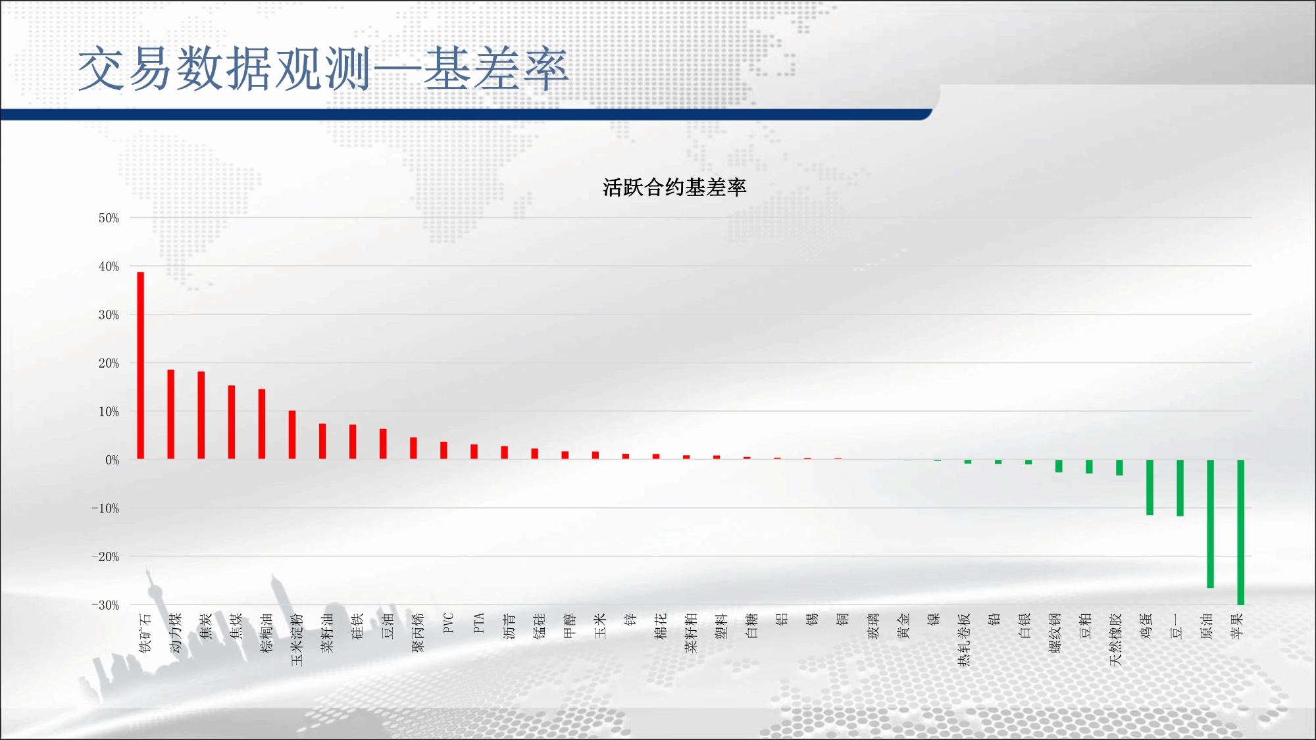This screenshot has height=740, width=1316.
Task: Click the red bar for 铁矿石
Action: pyautogui.click(x=140, y=365)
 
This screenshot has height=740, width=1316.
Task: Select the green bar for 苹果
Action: pyautogui.click(x=1240, y=532)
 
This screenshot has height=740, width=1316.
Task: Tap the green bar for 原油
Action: pyautogui.click(x=1210, y=524)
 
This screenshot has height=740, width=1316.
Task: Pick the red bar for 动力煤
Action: pyautogui.click(x=170, y=414)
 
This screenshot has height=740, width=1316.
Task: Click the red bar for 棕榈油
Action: pyautogui.click(x=262, y=424)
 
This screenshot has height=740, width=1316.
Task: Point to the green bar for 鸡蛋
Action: pyautogui.click(x=1150, y=487)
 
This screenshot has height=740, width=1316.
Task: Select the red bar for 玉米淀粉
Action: pyautogui.click(x=292, y=435)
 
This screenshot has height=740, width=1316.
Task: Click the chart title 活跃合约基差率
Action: pyautogui.click(x=674, y=187)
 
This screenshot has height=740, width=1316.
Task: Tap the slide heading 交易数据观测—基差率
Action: pyautogui.click(x=322, y=68)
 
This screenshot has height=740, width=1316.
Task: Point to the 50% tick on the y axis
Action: pyautogui.click(x=109, y=218)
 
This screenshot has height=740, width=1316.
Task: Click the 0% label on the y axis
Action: pyautogui.click(x=112, y=460)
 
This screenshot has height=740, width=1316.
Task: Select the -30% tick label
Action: pyautogui.click(x=105, y=605)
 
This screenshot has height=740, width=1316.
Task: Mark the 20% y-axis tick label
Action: pyautogui.click(x=109, y=363)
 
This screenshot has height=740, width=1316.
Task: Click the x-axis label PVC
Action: pyautogui.click(x=449, y=623)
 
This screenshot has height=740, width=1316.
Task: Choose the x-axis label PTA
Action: pyautogui.click(x=479, y=623)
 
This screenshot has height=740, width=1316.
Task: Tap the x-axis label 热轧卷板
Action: pyautogui.click(x=964, y=639)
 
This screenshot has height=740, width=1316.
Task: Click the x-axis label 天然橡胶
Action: pyautogui.click(x=1115, y=639)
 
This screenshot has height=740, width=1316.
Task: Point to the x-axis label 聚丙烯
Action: pyautogui.click(x=418, y=633)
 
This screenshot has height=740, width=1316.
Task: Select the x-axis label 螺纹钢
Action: pyautogui.click(x=1055, y=633)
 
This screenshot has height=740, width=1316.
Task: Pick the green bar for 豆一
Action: pyautogui.click(x=1180, y=488)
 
